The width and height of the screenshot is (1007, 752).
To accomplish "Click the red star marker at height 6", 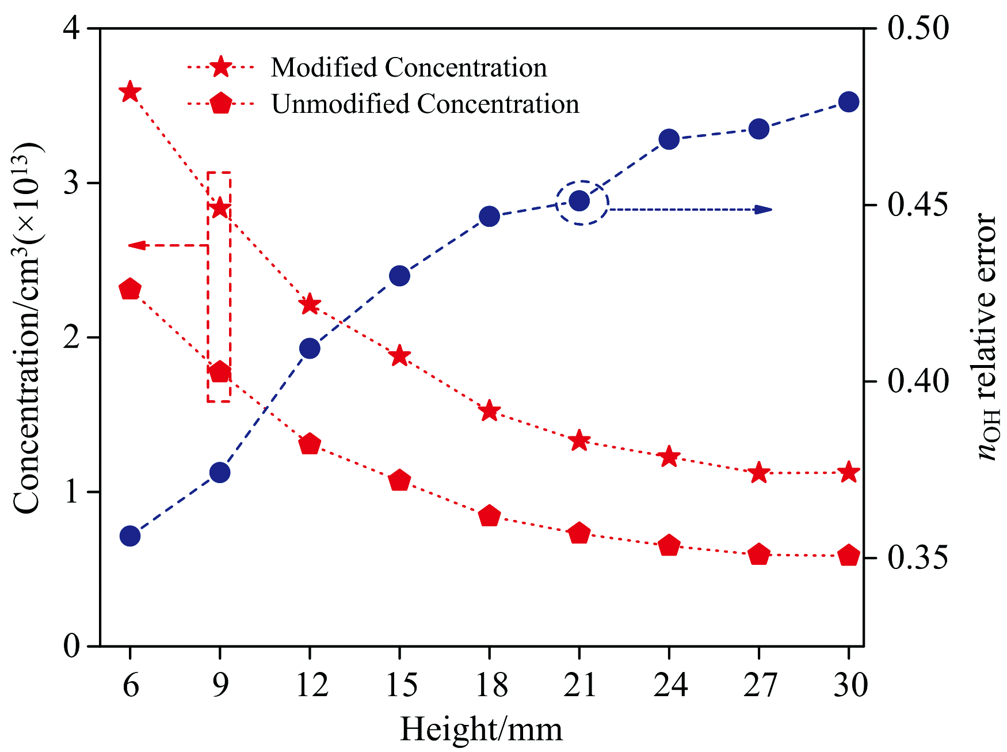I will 130,92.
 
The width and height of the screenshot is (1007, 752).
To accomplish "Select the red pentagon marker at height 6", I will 130,290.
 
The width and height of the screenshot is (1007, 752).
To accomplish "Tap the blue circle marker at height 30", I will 849,102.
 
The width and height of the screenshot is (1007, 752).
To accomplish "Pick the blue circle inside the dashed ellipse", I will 579,201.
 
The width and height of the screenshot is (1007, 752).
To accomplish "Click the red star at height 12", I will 310,304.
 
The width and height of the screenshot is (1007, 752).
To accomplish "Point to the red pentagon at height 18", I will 489,516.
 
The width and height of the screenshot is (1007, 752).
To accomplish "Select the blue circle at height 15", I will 399,276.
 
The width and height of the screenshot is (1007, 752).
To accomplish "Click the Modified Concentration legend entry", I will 409,68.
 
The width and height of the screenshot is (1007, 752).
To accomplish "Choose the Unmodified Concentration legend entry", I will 425,104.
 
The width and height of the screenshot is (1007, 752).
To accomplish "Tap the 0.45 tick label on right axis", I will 918,206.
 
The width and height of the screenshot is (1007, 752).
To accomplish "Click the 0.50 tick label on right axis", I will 918,28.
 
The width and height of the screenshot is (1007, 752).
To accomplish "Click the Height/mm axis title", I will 481,730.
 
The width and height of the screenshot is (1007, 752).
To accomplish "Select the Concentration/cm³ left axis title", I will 28,328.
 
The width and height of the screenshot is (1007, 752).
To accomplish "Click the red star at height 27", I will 759,473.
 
